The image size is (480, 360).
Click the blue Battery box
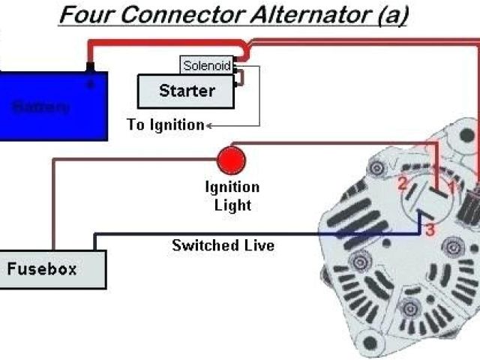[x=53, y=105]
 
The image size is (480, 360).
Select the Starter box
[x=186, y=91]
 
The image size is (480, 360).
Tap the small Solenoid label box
[x=206, y=64]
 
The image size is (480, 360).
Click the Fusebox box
[x=52, y=268]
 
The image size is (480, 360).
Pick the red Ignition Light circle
[x=231, y=160]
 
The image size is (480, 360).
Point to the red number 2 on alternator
[x=403, y=183]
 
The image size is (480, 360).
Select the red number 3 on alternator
[x=430, y=230]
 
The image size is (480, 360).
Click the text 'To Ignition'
[x=165, y=124]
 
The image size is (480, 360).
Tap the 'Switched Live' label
[x=223, y=245]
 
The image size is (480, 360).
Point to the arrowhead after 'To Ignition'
[x=208, y=125]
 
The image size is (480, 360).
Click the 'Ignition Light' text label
[x=232, y=196]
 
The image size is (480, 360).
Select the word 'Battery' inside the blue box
[x=41, y=106]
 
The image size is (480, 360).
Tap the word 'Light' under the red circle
[x=232, y=204]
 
